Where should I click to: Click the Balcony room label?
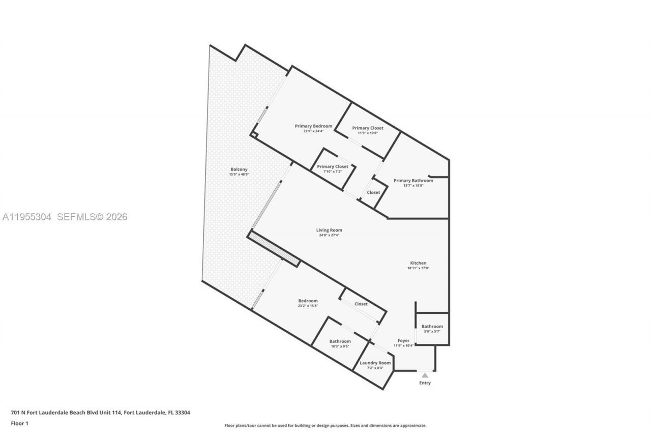click(x=239, y=169)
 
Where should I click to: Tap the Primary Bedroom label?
click(x=313, y=126)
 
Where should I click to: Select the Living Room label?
click(x=329, y=230)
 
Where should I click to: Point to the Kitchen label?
click(x=418, y=263)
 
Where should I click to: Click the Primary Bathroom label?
click(x=413, y=181)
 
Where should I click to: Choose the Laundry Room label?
click(x=375, y=363)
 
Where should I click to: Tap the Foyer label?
click(x=403, y=340)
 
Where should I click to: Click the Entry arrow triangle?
click(x=425, y=375)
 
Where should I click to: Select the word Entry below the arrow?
click(x=425, y=383)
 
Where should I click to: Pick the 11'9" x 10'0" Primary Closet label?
click(x=368, y=128)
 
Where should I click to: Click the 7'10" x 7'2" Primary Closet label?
click(x=333, y=166)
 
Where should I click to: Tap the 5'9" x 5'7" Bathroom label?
click(x=432, y=327)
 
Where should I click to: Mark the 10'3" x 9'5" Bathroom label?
click(x=340, y=341)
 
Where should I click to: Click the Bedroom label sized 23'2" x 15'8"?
click(x=308, y=301)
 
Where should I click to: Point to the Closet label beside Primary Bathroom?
click(x=373, y=192)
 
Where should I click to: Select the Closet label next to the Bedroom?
click(x=361, y=304)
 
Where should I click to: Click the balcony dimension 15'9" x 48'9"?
click(x=239, y=175)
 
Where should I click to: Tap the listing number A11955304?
click(x=27, y=217)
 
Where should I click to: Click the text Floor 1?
click(x=20, y=423)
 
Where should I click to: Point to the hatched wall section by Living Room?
click(x=274, y=249)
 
